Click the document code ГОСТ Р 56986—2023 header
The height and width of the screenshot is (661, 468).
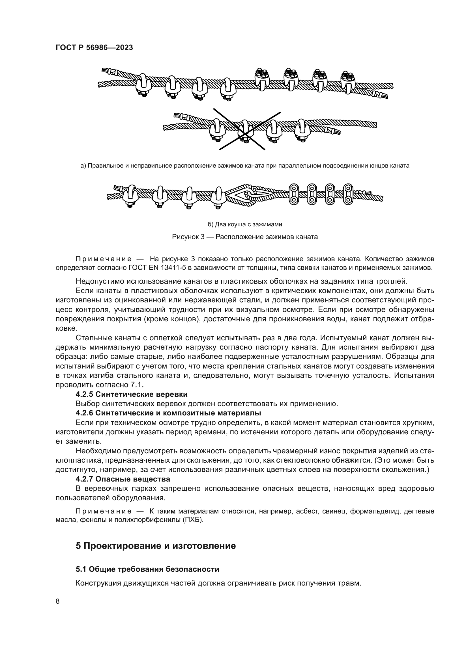94,48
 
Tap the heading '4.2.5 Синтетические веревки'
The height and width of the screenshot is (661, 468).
131,394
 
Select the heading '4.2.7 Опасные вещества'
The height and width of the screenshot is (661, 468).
123,479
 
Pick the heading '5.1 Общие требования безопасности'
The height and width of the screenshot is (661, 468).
147,569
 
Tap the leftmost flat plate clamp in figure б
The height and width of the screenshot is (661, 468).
294,194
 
